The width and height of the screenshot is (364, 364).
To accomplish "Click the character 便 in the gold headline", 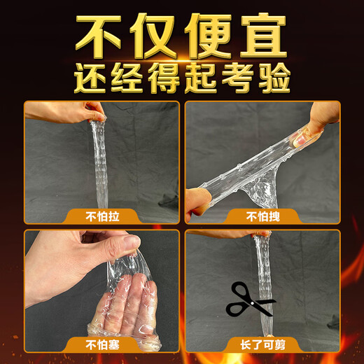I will click(x=208, y=33).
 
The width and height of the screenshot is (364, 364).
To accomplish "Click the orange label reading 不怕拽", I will click(x=262, y=216).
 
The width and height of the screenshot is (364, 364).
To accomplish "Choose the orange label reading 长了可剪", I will click(x=262, y=344).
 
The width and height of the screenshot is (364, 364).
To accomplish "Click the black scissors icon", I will click(x=250, y=300).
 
